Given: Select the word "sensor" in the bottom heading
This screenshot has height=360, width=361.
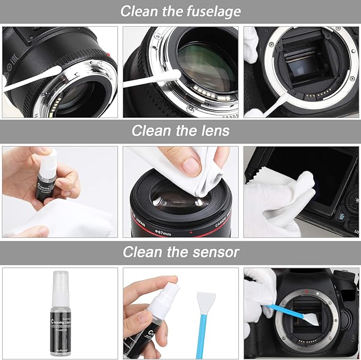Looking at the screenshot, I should click(212, 252).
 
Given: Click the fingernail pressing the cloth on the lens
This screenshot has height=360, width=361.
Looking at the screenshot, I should click(191, 165).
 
